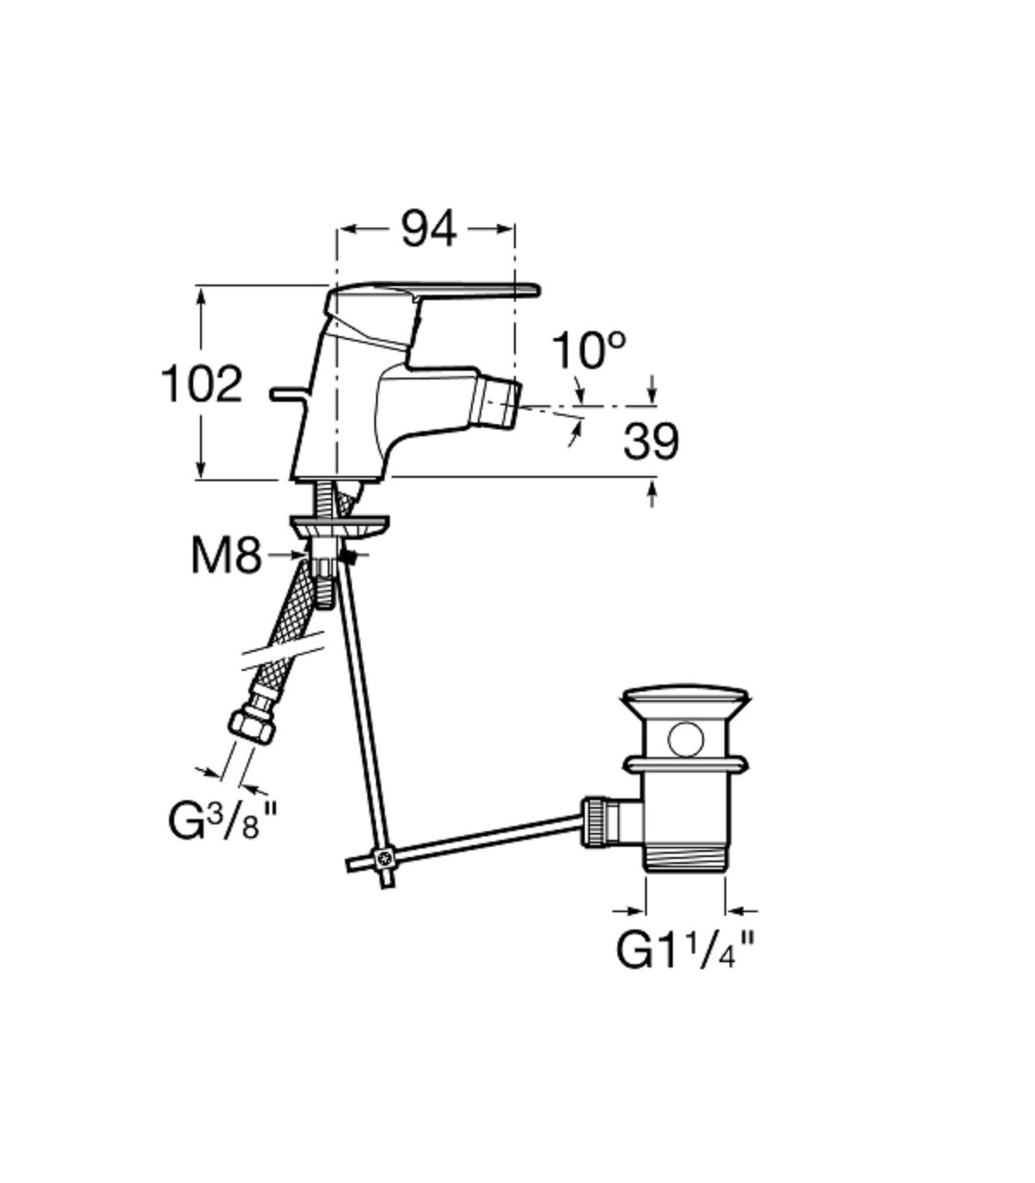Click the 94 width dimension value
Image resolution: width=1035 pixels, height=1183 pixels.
[x=429, y=229]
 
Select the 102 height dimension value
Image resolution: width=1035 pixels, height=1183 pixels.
[x=201, y=385]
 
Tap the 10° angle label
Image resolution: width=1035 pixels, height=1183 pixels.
[x=588, y=350]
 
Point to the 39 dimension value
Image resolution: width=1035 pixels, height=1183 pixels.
[x=650, y=442]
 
